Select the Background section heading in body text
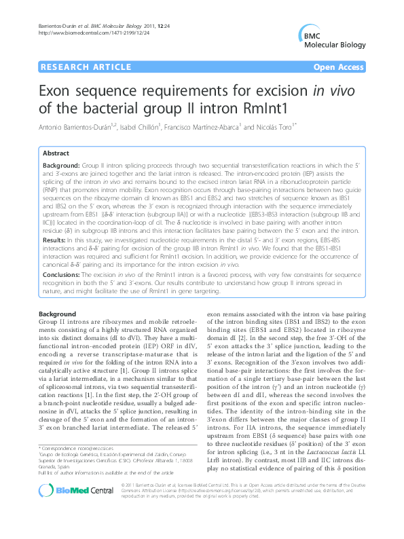click(x=57, y=314)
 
